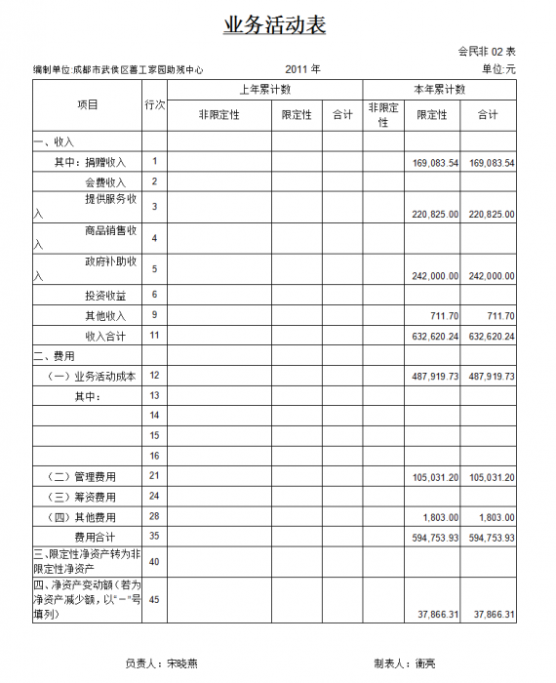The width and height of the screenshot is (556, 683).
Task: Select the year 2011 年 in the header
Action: pos(303,69)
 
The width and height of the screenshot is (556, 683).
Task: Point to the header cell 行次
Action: pos(154,103)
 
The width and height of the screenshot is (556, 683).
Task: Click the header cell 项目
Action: pos(87,103)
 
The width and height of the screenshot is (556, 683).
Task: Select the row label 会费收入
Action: pos(105,182)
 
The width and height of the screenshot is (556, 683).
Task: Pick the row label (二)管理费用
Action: pos(82,476)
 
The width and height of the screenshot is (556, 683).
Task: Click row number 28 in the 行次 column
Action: pos(154,517)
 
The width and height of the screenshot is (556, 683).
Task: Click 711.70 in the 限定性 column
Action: pos(443,316)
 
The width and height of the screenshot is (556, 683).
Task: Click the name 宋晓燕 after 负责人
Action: pos(181,663)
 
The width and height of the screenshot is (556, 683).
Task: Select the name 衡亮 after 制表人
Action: pos(425,663)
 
